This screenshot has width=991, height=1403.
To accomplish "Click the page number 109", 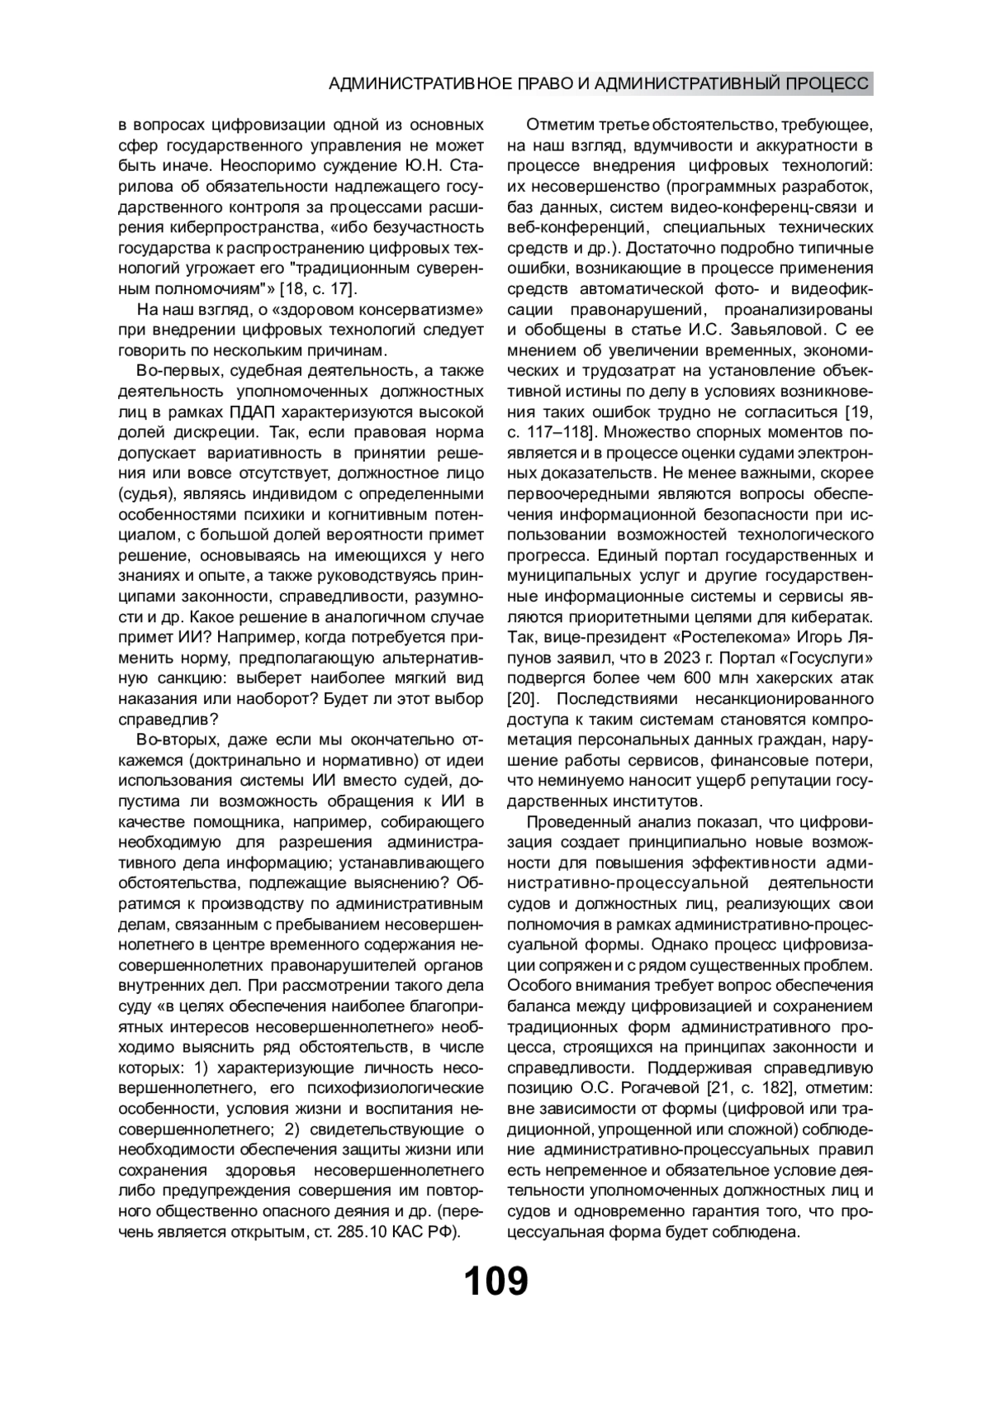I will click(x=495, y=1282).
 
